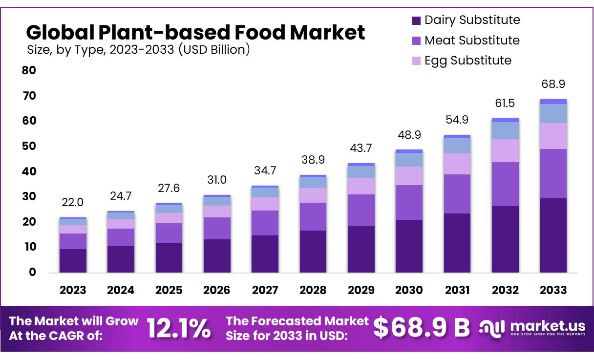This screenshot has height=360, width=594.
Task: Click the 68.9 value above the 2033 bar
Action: coord(553,84)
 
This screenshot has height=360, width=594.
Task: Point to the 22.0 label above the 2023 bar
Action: coord(72,202)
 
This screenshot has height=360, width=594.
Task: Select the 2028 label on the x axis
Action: coord(313,290)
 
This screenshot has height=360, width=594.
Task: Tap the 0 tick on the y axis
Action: coord(32,272)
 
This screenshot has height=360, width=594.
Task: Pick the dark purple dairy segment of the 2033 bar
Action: coord(553,235)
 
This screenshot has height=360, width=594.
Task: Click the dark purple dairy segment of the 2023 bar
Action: coord(73,261)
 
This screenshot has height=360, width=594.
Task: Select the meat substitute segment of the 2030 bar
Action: coord(409,202)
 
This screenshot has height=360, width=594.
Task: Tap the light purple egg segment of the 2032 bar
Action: coord(505,150)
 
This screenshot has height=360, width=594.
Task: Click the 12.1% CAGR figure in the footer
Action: coord(179,328)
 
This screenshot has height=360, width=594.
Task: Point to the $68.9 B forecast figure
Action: coord(421,328)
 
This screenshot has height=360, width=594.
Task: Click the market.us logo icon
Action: coord(491,329)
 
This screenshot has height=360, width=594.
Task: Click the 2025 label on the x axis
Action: coord(169,290)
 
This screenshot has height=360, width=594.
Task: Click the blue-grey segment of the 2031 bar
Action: coord(457,146)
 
